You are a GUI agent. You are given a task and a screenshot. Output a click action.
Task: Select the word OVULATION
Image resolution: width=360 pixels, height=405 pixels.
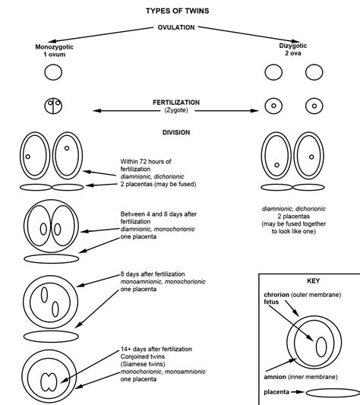coord(176,27)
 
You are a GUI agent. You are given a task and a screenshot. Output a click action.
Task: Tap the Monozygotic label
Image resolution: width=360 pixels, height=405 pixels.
coord(53,46)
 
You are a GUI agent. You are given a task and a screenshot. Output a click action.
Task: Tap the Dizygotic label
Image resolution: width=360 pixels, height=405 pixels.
coord(297,46)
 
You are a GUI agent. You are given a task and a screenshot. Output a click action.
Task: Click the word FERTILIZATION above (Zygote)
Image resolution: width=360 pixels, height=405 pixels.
coord(176,102)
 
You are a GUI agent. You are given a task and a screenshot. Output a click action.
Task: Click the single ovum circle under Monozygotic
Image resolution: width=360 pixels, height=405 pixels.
coord(53,73)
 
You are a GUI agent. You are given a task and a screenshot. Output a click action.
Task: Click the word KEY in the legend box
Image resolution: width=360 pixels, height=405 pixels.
coord(308,280)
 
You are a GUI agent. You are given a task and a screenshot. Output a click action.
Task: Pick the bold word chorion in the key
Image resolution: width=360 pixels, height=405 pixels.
coord(278,294)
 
